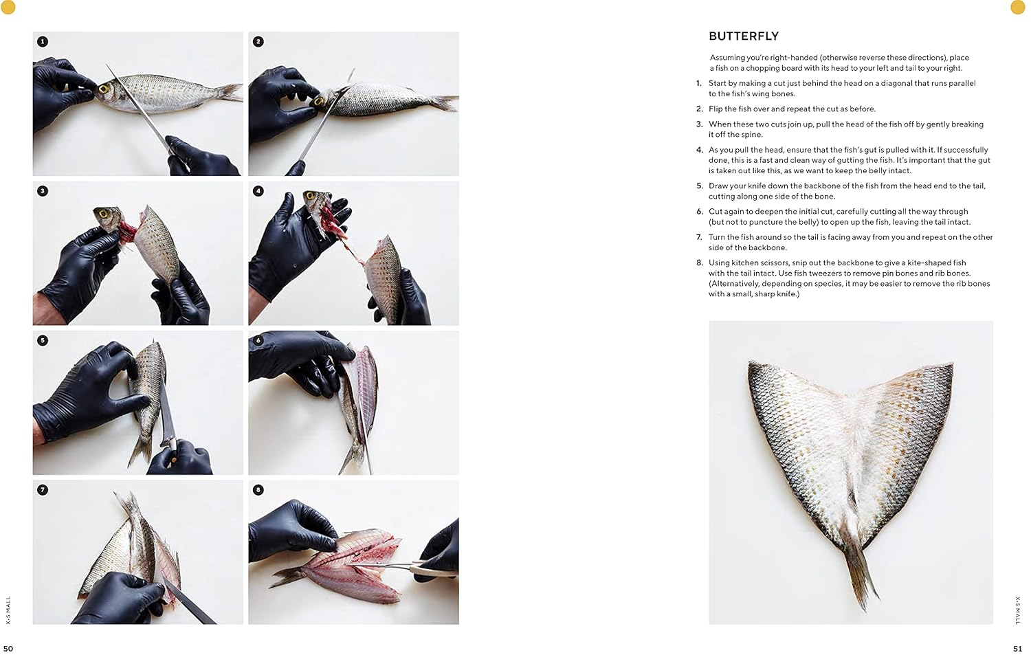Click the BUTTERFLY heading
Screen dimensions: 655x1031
[743, 36]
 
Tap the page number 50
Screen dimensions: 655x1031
[8, 648]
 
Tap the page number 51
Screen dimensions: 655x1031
[1017, 648]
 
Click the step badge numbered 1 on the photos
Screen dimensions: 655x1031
[43, 42]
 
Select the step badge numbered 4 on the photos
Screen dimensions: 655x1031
[258, 191]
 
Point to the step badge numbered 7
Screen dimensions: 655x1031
[43, 490]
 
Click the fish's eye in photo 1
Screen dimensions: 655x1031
[104, 89]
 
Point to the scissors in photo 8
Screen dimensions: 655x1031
[412, 568]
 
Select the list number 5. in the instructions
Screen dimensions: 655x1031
[700, 186]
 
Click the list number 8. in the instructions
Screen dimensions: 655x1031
[700, 263]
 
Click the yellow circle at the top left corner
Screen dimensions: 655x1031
[8, 7]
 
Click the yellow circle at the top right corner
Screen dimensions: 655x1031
[1017, 7]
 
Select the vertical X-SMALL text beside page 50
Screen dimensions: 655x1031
[8, 610]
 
